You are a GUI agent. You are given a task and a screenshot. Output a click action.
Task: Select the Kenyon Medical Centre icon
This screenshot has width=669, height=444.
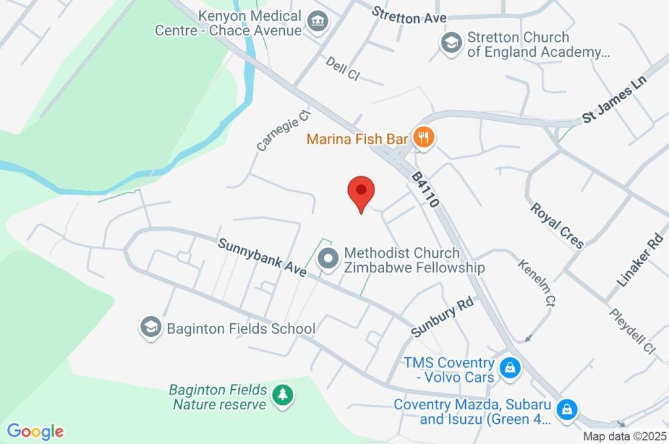(318, 22)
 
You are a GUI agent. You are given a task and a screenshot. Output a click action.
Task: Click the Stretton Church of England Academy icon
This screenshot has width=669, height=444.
(451, 44)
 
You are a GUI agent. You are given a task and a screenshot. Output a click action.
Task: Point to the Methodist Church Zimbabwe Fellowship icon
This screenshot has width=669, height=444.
(327, 260)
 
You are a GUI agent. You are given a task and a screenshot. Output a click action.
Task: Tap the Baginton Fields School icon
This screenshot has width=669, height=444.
(151, 328)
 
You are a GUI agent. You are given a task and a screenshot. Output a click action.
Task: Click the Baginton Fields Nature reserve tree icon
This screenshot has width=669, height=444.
(283, 394)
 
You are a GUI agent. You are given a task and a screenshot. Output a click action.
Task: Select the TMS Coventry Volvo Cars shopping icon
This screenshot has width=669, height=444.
(510, 369)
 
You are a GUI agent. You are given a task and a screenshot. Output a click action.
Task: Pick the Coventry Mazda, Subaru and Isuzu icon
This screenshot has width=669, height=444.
(566, 409)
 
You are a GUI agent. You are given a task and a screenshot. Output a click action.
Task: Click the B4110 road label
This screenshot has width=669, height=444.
(425, 189)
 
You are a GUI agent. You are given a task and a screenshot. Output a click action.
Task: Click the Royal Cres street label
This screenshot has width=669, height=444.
(557, 226)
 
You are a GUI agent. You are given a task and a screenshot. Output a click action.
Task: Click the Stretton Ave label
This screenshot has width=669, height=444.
(409, 16)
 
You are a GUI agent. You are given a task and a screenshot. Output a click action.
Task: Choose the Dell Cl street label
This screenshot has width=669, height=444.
(343, 68)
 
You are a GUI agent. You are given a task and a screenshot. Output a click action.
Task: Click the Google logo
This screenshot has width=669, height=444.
(35, 432)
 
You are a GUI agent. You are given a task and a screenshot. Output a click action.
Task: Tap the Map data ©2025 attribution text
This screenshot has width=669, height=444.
(623, 436)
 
